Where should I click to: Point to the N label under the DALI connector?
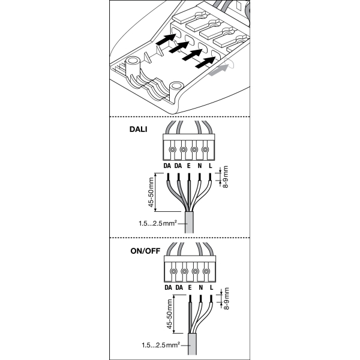200,165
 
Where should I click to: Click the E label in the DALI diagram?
189,165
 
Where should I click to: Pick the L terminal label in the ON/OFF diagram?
211,287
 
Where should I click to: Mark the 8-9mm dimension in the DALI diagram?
226,178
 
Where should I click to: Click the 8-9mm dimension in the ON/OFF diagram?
226,301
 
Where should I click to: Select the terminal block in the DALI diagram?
188,148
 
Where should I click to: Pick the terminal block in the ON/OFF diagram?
188,270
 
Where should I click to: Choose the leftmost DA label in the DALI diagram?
167,165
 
